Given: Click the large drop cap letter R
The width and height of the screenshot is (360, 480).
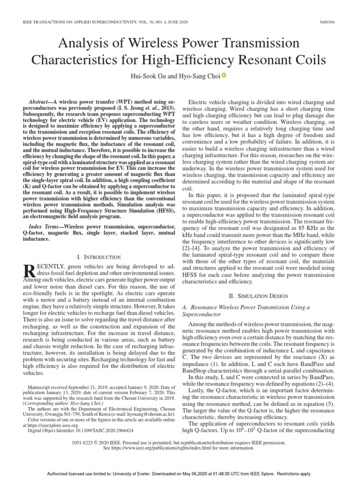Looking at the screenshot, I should (29, 271).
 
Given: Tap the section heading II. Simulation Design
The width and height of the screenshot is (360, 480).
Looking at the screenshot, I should (260, 296).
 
